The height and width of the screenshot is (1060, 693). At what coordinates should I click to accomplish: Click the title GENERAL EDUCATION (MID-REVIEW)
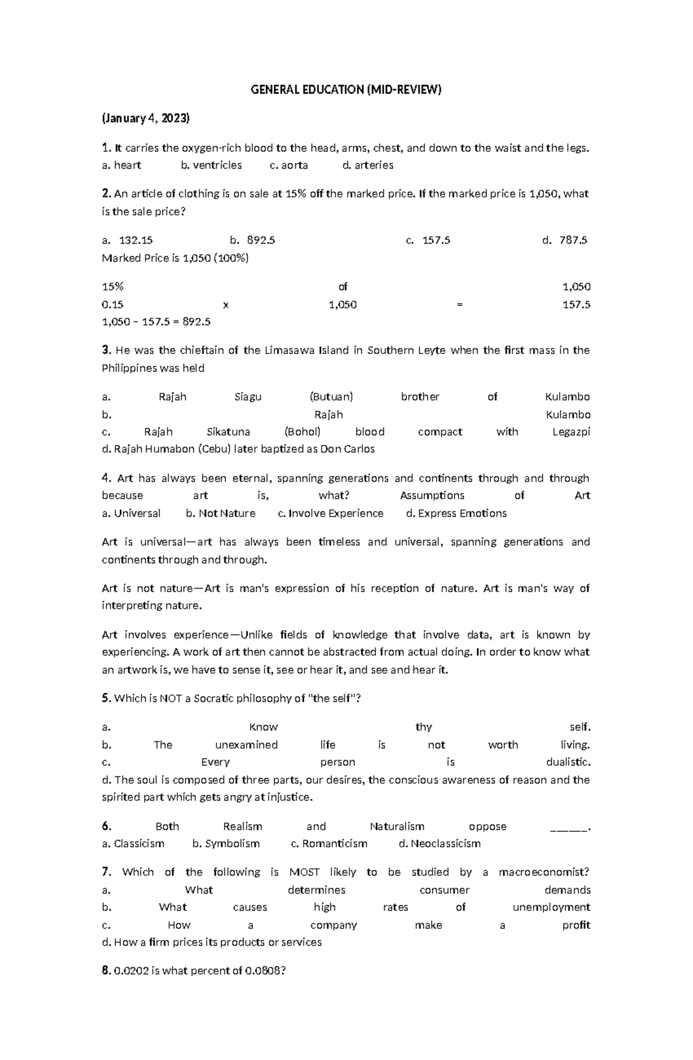pyautogui.click(x=346, y=90)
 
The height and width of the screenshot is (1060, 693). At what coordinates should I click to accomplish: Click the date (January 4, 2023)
pyautogui.click(x=146, y=118)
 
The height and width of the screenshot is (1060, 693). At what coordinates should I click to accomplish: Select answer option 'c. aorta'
pyautogui.click(x=289, y=165)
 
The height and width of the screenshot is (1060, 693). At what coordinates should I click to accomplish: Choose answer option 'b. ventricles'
pyautogui.click(x=211, y=165)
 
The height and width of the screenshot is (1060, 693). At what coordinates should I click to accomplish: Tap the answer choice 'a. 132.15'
pyautogui.click(x=128, y=240)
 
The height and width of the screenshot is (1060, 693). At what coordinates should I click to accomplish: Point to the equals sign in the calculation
pyautogui.click(x=460, y=304)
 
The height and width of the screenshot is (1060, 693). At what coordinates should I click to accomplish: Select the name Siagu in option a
pyautogui.click(x=248, y=397)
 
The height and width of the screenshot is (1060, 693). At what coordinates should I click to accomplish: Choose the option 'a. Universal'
pyautogui.click(x=131, y=513)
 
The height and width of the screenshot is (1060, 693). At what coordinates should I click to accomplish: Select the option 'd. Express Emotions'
pyautogui.click(x=456, y=513)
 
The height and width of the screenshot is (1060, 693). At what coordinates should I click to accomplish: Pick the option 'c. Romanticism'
pyautogui.click(x=329, y=843)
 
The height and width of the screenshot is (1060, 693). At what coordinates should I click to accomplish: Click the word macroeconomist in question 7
pyautogui.click(x=543, y=872)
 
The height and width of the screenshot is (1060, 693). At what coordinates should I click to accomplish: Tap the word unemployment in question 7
pyautogui.click(x=551, y=907)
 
